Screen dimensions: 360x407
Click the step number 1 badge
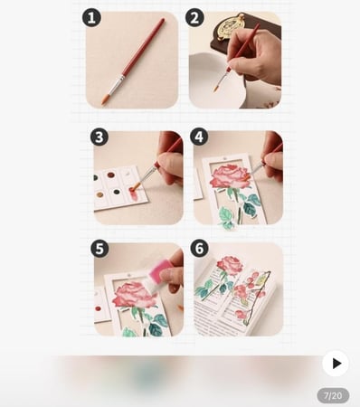coord(91,18)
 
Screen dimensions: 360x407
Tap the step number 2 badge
coord(194,18)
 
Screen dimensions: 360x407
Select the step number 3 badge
coord(99,137)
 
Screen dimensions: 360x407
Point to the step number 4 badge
coord(199,137)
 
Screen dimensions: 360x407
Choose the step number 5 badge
coord(99,249)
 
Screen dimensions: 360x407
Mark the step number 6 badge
coord(199,249)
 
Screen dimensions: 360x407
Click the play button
coord(336,364)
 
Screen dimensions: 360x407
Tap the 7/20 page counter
coord(333,395)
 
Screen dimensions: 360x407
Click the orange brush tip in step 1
coord(105,99)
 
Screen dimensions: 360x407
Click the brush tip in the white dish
coord(216,88)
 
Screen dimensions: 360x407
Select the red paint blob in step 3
coord(134,194)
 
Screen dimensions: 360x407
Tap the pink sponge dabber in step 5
coord(160,273)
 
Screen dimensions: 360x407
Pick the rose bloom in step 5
coord(132,295)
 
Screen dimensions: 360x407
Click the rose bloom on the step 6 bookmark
coord(230,265)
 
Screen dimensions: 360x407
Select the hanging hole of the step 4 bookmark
coord(224,158)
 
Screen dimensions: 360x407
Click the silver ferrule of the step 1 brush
coord(117,84)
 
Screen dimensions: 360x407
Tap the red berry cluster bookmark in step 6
coord(251,297)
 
